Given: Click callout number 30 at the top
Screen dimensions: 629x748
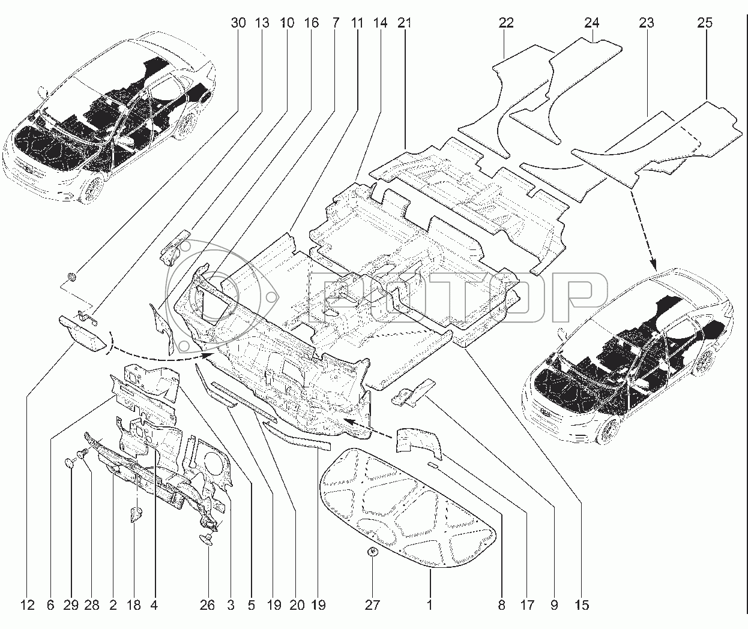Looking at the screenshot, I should coord(238,23).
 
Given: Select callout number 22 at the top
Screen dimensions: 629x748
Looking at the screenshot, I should coord(506,23).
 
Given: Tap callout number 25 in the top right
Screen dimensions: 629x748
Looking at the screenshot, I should coord(705,23).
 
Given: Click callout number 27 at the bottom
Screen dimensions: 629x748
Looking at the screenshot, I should coord(372,605).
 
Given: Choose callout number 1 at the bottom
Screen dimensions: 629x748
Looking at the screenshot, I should coord(430,605).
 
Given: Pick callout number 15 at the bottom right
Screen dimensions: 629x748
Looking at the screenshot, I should coord(581,605).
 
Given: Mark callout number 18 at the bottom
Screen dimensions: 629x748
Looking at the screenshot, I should coord(134,605).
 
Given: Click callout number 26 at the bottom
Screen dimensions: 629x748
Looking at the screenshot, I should coord(207,605).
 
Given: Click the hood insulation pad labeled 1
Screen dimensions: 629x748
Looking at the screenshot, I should coord(408,504).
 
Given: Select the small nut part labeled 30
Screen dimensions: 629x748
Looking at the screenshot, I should coord(72,276).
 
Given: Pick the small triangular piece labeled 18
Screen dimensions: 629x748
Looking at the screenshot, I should coord(135,514).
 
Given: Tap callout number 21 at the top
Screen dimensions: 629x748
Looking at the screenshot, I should coord(404,23).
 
